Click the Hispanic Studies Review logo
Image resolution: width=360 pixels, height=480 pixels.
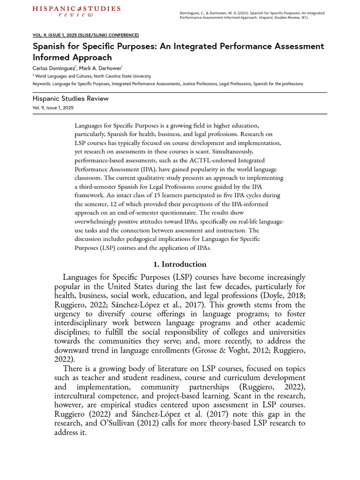click(76, 11)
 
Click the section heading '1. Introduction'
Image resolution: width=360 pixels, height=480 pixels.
click(180, 264)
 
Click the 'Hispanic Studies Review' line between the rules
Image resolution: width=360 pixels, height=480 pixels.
click(71, 98)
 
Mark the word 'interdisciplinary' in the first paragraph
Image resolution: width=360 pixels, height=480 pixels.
click(90, 323)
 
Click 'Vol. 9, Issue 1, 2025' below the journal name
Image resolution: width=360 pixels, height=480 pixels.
click(53, 107)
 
